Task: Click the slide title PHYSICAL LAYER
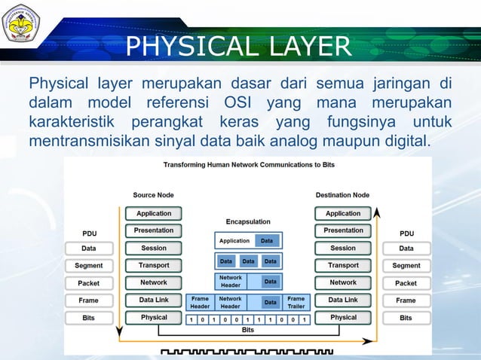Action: (238, 47)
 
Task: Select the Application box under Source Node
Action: (154, 213)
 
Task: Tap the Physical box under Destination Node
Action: (343, 318)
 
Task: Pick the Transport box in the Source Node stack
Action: (154, 265)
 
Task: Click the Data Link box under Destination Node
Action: (343, 300)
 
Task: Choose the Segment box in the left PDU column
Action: (89, 265)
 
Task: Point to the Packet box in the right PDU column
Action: (406, 283)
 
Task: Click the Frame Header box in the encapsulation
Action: (200, 302)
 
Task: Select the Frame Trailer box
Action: (296, 302)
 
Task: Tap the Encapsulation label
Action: (248, 221)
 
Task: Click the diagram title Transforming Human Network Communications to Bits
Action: (250, 164)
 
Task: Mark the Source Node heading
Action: (155, 195)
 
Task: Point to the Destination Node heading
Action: (342, 195)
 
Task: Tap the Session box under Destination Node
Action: (343, 248)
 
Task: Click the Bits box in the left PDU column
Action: (89, 318)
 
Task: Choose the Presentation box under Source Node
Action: (154, 230)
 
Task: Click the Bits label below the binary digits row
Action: (247, 330)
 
